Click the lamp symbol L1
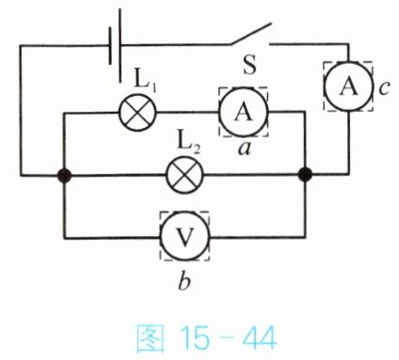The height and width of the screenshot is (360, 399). pos(137,113)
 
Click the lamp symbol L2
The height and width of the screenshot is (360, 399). pos(185,175)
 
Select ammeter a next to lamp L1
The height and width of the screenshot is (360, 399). pos(244,112)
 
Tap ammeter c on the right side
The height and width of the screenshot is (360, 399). pos(348,86)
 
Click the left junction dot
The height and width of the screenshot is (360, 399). pos(64,176)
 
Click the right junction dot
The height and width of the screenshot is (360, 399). pos(305,175)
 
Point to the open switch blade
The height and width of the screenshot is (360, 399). pos(250,34)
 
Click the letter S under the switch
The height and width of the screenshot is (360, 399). pos(249,66)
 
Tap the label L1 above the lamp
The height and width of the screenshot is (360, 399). pos(145,80)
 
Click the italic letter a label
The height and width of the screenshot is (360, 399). pos(245,149)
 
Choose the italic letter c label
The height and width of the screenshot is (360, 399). pos(384,88)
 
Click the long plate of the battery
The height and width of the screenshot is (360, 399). pos(120,46)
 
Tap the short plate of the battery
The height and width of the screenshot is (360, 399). pos(110,46)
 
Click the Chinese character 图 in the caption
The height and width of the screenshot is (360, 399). pos(151,338)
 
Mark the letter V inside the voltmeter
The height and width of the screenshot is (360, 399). pos(185,237)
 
